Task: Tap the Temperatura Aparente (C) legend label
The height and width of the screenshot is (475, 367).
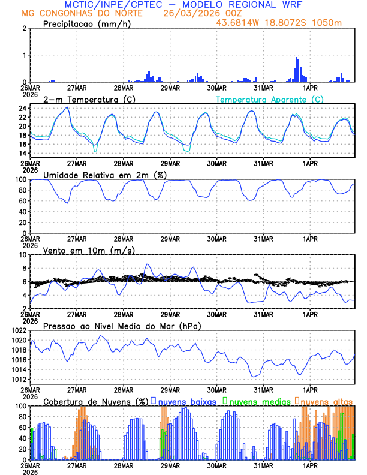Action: pos(269,99)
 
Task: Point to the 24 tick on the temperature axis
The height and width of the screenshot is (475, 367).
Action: pos(23,109)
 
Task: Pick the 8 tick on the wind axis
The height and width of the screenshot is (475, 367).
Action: pos(25,268)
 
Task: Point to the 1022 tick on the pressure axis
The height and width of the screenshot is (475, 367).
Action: pos(18,330)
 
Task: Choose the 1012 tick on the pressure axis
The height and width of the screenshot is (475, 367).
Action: pos(18,380)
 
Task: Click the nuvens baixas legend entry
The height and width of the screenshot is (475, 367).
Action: pos(187,401)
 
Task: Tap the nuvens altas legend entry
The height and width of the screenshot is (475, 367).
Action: pos(326,401)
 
